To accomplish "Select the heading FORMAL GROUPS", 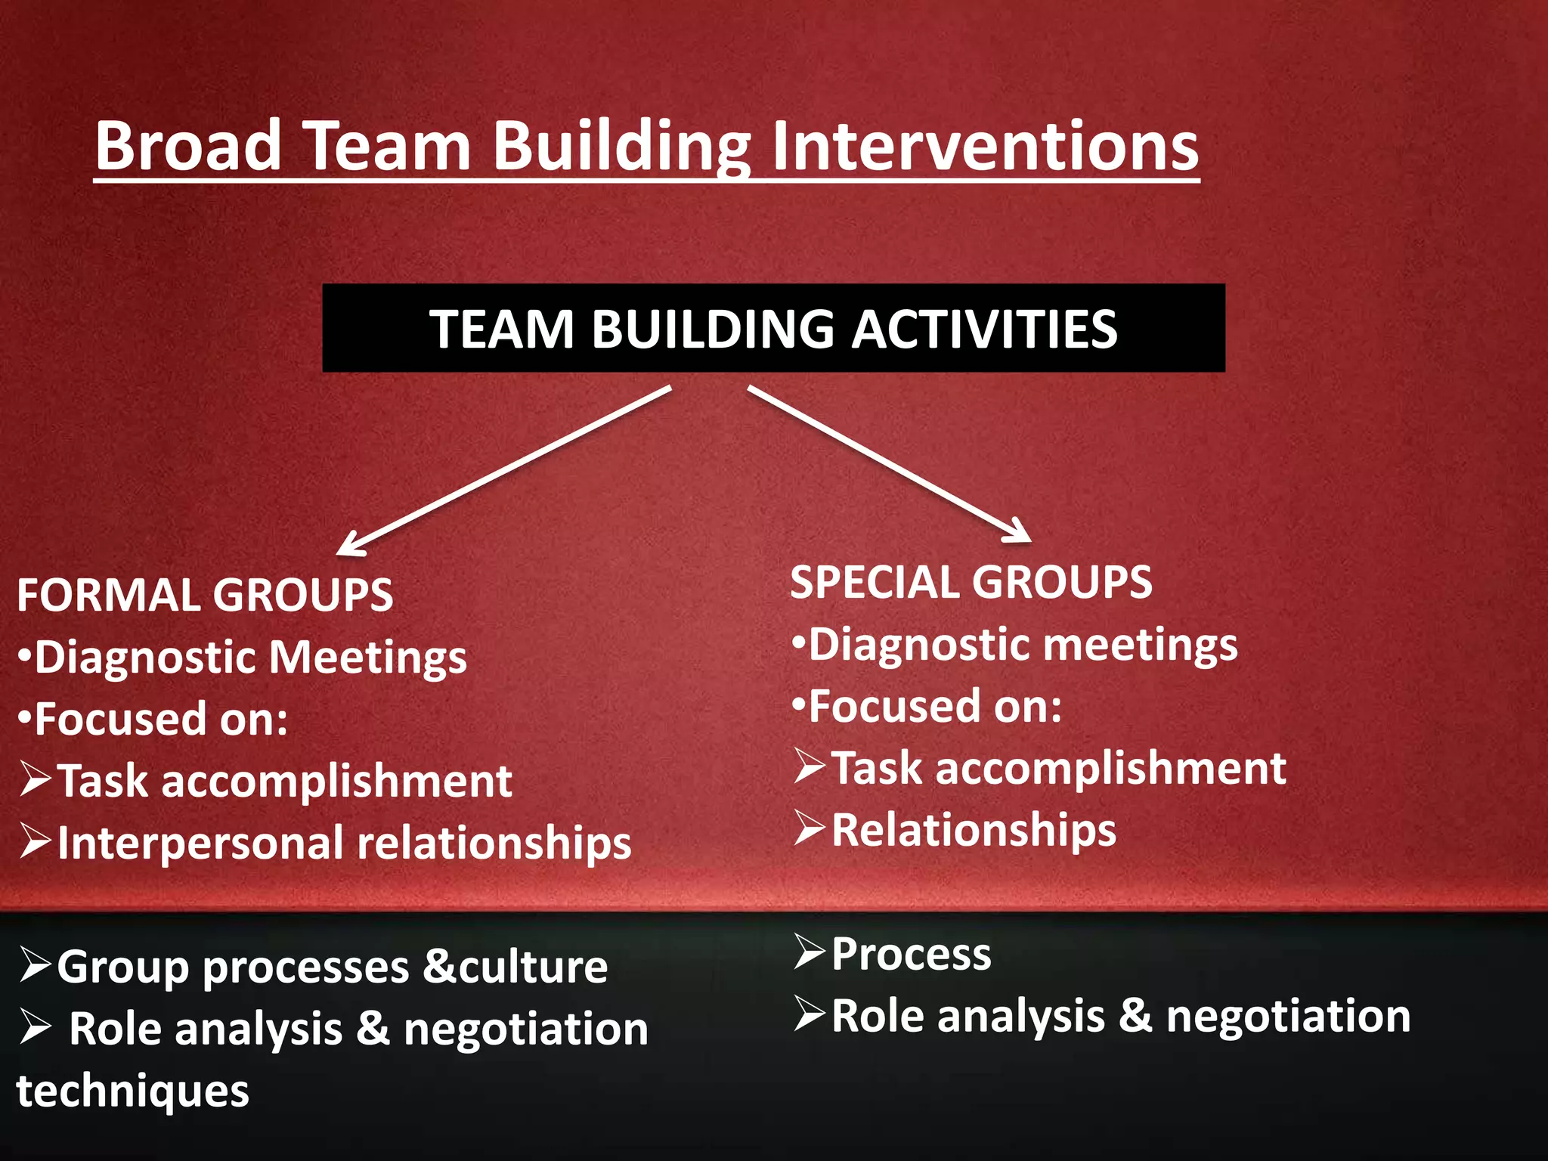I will (205, 595).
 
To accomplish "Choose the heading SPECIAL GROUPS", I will (971, 582).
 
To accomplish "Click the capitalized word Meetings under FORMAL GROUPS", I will (368, 657).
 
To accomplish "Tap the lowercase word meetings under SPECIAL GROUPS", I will (1141, 645).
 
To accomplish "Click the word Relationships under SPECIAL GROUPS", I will (974, 830).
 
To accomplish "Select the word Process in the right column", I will (911, 954).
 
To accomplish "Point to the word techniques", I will (133, 1091).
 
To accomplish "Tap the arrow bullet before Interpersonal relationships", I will (36, 841).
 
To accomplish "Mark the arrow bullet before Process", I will (810, 952).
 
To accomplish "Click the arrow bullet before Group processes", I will (36, 964).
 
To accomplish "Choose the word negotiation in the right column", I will (1288, 1016).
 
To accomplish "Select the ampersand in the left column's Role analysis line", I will (373, 1029).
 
